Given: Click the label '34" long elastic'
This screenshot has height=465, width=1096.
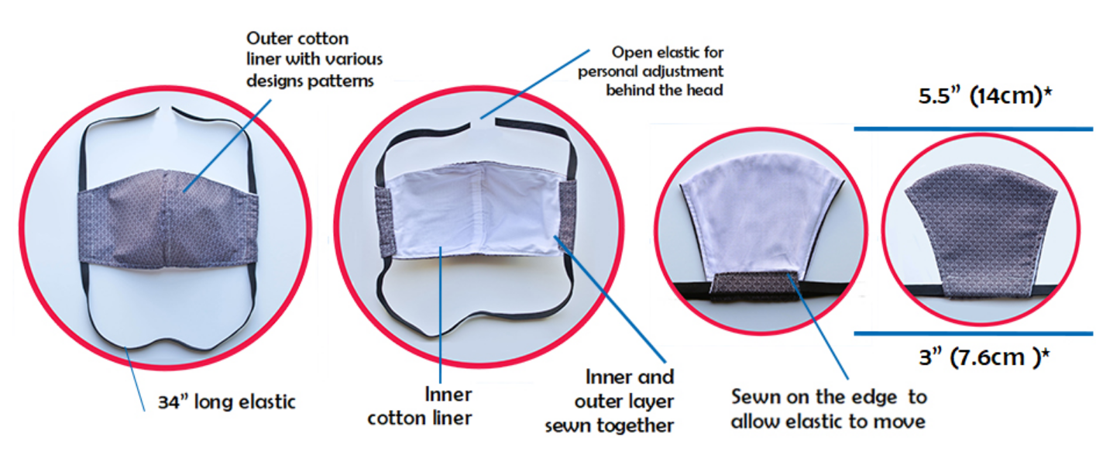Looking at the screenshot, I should pyautogui.click(x=225, y=402).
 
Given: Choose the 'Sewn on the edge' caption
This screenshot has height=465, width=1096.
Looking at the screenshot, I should pyautogui.click(x=829, y=408).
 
